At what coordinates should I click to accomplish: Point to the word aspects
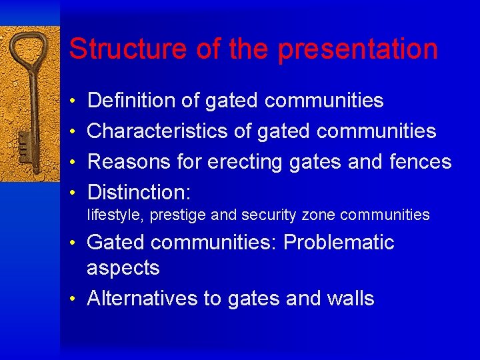pos(123,269)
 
